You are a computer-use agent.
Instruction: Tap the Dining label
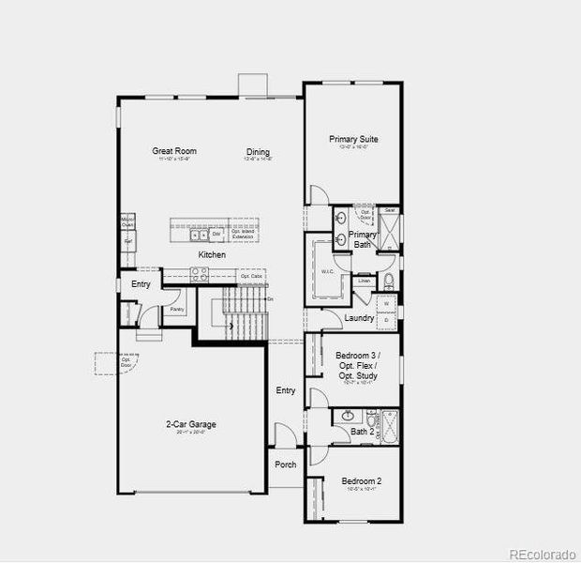(258, 152)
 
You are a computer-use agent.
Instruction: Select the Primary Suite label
(353, 140)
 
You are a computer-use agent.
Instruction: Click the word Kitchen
(212, 255)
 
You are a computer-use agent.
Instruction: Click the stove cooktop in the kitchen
(200, 274)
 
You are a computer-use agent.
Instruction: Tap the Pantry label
(176, 307)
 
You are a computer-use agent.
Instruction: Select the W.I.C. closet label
(328, 272)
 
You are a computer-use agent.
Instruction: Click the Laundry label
(359, 318)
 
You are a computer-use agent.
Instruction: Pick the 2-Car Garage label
(191, 424)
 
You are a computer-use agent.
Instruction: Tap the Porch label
(286, 464)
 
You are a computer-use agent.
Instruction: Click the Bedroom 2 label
(359, 480)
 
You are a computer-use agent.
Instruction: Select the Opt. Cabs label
(250, 276)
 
